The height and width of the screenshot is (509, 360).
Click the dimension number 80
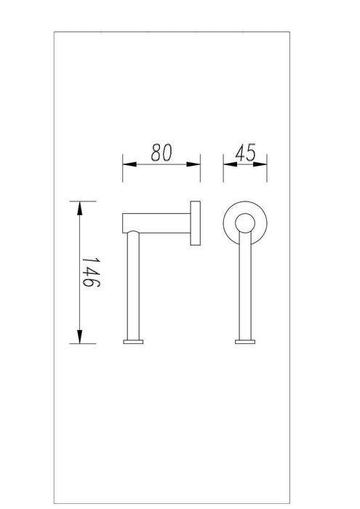[x=161, y=153]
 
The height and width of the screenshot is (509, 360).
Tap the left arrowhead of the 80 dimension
[x=127, y=164]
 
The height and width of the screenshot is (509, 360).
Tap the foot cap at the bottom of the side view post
[x=133, y=341]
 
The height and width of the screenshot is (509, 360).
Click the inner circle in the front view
[x=244, y=223]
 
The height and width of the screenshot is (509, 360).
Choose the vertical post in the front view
[x=244, y=291]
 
